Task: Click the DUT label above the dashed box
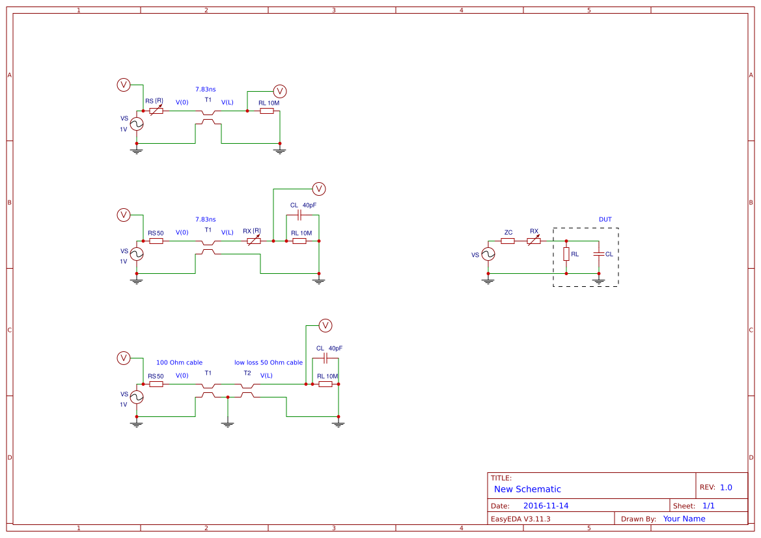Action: coord(605,219)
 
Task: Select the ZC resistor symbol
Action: coord(508,241)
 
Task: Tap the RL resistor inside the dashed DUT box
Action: coord(566,254)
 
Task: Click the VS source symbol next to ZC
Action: coord(488,254)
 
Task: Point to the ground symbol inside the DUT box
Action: coord(599,281)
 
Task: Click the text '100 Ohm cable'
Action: coord(179,362)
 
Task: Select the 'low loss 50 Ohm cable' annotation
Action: coord(268,362)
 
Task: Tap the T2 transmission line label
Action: coord(247,373)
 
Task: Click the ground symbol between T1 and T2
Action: coord(228,424)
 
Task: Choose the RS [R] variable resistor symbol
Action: coord(156,111)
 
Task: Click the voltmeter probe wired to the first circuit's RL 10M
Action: coord(280,91)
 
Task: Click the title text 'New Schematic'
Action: coord(527,489)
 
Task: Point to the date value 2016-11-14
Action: coord(546,505)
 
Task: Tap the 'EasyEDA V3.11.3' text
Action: coord(520,518)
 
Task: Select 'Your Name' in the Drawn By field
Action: coord(684,518)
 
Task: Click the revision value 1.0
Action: coord(726,487)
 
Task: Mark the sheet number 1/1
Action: coord(708,505)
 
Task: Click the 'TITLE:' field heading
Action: coord(501,478)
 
